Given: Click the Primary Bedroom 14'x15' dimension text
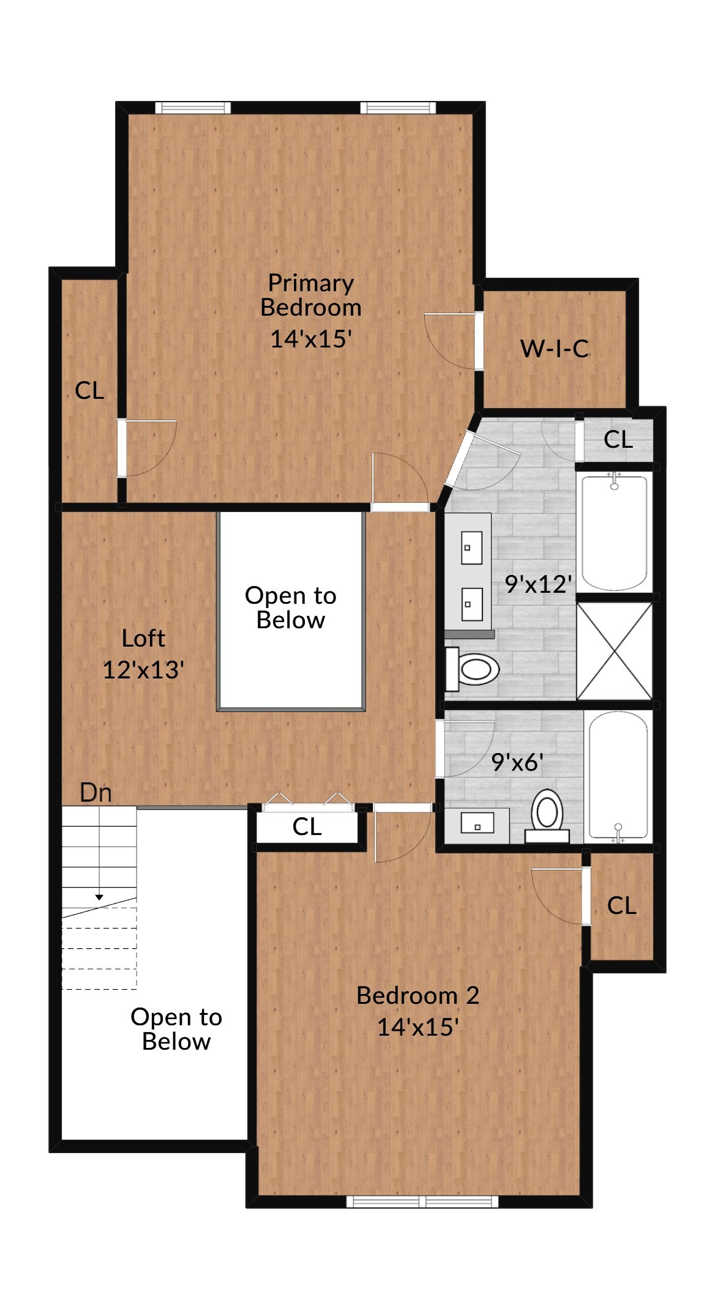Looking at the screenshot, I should coord(311,339).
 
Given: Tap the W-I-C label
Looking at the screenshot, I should coord(555,349).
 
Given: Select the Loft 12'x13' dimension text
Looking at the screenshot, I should coord(143,670).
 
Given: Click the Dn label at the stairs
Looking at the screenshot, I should coord(96,793).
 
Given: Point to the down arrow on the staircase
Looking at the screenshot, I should coord(99,897).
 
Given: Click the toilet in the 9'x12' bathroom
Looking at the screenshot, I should coord(473,669).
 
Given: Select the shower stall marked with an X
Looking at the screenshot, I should coord(614,651).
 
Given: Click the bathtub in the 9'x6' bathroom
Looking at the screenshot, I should coord(618,775).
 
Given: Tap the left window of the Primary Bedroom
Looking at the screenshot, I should coord(193,108).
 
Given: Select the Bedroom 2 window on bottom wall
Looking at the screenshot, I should coord(422,1201).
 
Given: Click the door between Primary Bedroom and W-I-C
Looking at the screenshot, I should coord(479,341).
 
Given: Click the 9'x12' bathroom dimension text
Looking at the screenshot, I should coord(538,585).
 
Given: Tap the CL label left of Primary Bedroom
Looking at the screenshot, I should coord(89,391).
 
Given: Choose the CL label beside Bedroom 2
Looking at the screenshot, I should coord(622,906).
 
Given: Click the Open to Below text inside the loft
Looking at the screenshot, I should coord(291,608).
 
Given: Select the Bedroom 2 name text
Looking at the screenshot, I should coord(417,996).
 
